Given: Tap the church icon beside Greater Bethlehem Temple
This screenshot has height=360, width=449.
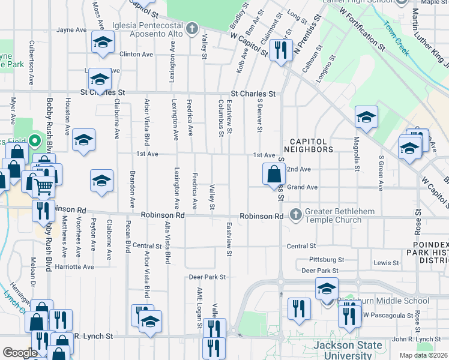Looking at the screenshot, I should pyautogui.click(x=295, y=214).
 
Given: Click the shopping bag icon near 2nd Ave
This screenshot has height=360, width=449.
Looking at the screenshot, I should pyautogui.click(x=274, y=175).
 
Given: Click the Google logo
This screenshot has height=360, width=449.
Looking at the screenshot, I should pyautogui.click(x=19, y=353).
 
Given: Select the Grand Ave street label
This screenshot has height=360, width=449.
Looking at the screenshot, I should pyautogui.click(x=302, y=187).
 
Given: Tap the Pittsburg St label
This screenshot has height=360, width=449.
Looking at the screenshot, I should pyautogui.click(x=327, y=260).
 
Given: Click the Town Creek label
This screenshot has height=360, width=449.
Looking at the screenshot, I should pyautogui.click(x=397, y=39).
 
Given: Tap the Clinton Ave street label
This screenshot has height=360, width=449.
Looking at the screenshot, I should pyautogui.click(x=136, y=54).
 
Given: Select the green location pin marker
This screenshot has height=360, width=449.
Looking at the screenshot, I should pyautogui.click(x=35, y=142).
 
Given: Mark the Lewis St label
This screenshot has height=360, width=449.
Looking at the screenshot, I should pyautogui.click(x=386, y=263).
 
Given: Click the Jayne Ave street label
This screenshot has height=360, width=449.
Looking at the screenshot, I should pyautogui.click(x=71, y=29).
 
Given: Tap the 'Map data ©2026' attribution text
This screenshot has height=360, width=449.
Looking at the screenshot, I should pyautogui.click(x=423, y=355).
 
